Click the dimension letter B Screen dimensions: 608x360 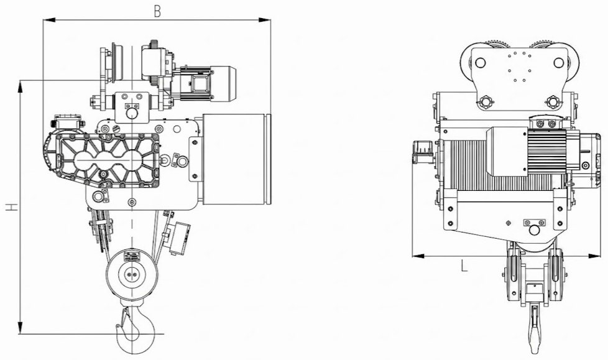pos(157,11)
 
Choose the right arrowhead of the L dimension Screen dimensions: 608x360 pos(594,256)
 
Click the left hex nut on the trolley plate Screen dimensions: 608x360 pos(485,103)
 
